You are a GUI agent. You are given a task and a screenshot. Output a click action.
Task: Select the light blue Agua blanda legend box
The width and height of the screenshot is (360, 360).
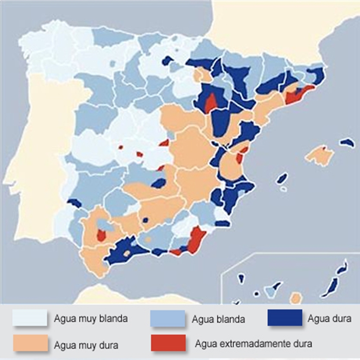pyautogui.click(x=167, y=319)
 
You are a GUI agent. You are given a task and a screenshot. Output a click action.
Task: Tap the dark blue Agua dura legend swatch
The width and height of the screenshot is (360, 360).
pyautogui.click(x=285, y=317)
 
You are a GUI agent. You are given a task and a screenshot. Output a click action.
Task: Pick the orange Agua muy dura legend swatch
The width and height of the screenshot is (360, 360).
pyautogui.click(x=30, y=343)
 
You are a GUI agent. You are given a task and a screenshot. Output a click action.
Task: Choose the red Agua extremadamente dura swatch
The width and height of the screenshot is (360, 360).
pyautogui.click(x=168, y=343)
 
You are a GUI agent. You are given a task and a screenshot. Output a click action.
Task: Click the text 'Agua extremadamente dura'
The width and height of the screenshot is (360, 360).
pyautogui.click(x=253, y=343)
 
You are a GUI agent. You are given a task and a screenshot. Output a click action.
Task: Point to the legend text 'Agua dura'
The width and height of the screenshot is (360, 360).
pyautogui.click(x=329, y=319)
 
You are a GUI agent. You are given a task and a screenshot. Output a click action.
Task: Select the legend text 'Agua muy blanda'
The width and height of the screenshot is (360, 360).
pyautogui.click(x=91, y=319)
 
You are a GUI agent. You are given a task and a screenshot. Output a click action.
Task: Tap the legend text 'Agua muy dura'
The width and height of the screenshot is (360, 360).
pyautogui.click(x=86, y=345)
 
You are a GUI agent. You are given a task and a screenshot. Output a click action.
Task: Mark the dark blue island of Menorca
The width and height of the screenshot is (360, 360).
pyautogui.click(x=347, y=142)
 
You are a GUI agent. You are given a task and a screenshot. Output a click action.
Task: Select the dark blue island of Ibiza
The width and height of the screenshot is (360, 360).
pyautogui.click(x=282, y=179)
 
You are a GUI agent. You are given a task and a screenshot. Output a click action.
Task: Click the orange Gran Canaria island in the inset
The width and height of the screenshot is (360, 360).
pyautogui.click(x=296, y=298)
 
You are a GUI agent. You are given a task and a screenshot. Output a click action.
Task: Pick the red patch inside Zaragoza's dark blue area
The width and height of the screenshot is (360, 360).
pyautogui.click(x=211, y=103)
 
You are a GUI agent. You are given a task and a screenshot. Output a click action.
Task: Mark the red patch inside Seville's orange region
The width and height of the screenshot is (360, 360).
pyautogui.click(x=101, y=235)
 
